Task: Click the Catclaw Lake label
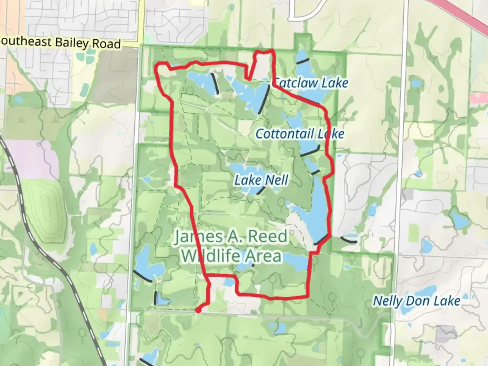coord(310,83)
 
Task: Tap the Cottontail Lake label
coord(300,134)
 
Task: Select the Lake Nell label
coord(261,180)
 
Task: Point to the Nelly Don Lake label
coord(416,301)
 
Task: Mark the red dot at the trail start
coord(198,309)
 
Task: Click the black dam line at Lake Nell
coord(261,190)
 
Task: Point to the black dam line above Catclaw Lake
coord(303,61)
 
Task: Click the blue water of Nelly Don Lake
coord(424,291)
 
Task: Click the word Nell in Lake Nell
coord(277,180)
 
